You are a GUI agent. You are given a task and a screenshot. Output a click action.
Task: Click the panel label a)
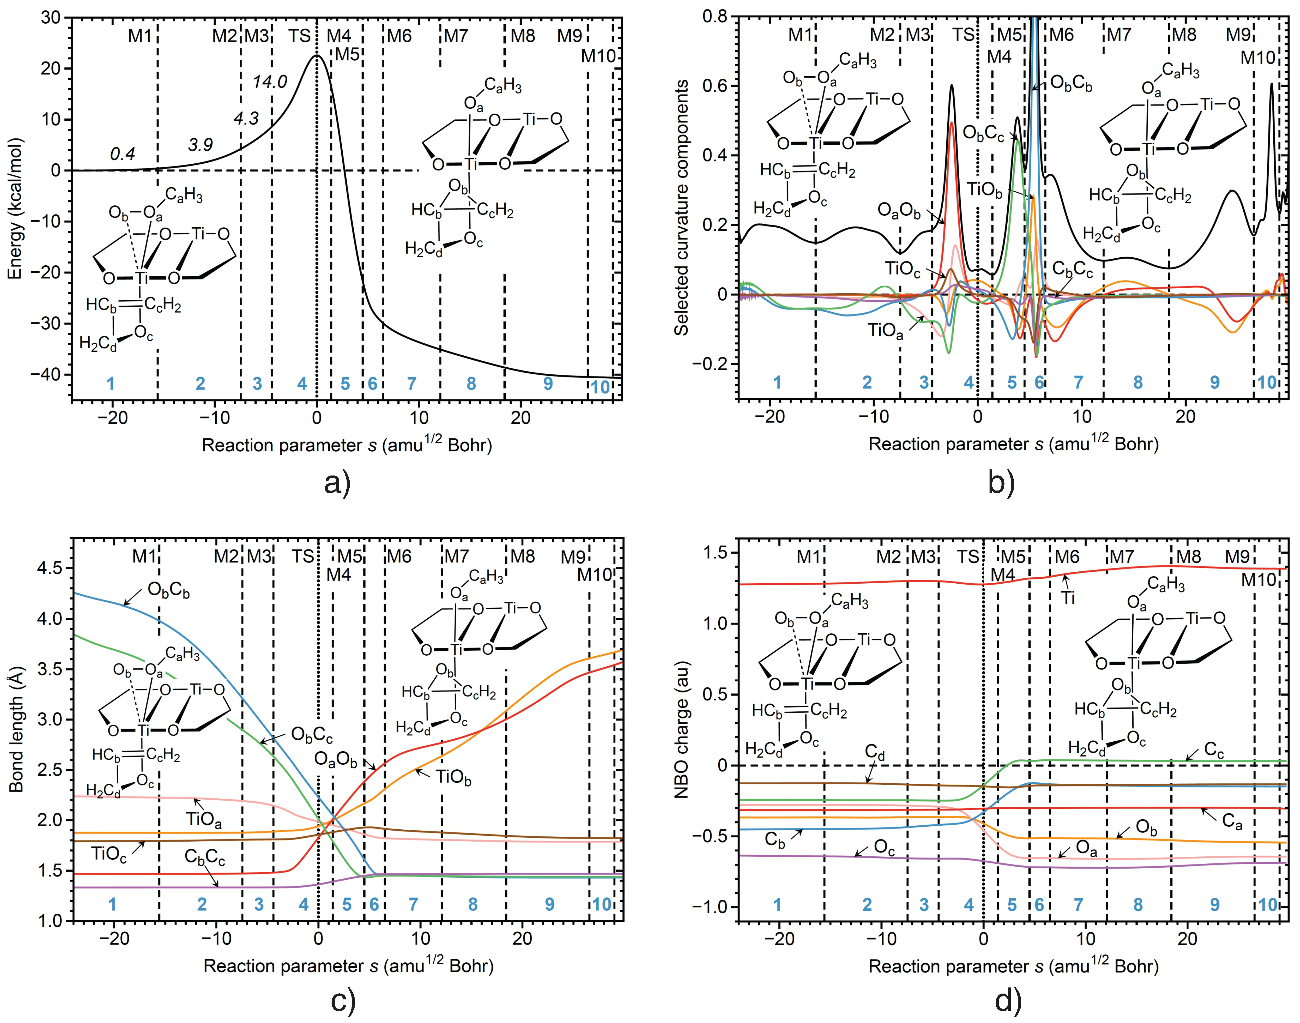tap(337, 483)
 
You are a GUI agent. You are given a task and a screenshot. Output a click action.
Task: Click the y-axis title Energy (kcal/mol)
tap(15, 208)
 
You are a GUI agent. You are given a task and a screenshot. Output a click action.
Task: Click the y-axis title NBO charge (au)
tap(681, 729)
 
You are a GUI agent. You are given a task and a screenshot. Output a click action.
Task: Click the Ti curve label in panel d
tap(1068, 597)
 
